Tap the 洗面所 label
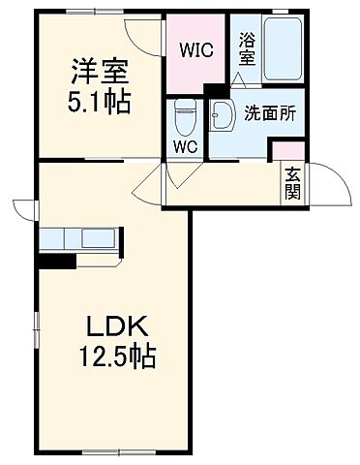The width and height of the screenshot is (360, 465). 269,112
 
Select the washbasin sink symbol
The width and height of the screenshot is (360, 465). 221,114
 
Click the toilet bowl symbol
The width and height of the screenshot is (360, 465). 183,119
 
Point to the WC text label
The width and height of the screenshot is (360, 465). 184,146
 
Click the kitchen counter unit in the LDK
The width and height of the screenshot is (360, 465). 79,239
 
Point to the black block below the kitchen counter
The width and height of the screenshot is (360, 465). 56,260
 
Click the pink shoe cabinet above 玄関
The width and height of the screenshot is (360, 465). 287,150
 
